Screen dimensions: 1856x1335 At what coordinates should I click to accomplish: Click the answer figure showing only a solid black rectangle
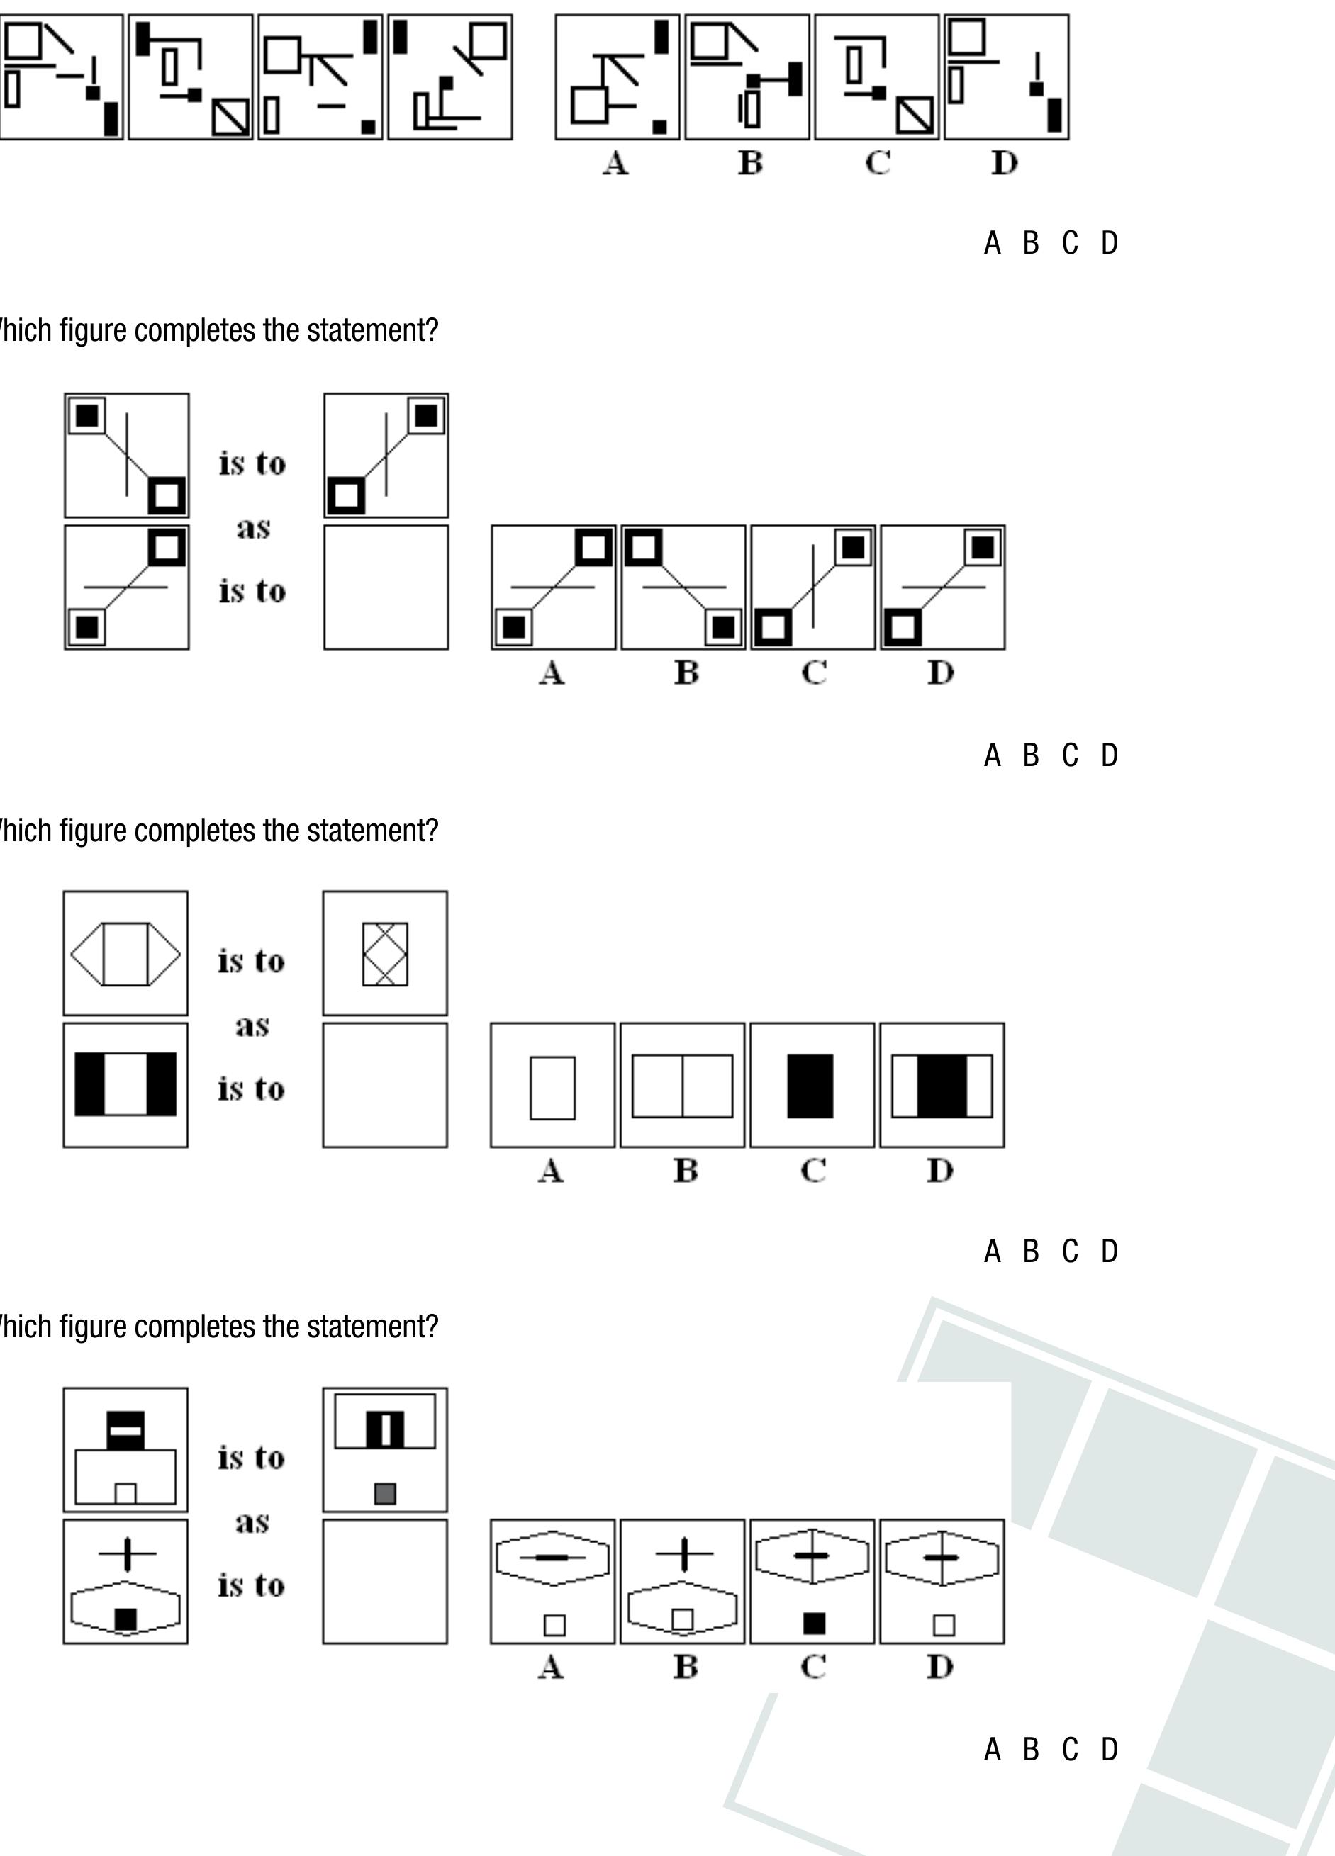pos(810,1086)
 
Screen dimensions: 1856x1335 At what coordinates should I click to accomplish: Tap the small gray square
pos(385,1493)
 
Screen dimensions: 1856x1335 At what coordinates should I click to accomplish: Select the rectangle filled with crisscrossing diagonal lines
pos(385,954)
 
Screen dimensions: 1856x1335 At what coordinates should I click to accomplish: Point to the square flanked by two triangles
pos(125,954)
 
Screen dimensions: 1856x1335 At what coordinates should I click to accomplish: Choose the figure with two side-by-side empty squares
pos(682,1086)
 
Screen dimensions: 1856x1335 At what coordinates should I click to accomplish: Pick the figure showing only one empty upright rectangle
pos(552,1088)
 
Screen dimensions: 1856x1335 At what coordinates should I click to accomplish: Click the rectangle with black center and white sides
pos(942,1086)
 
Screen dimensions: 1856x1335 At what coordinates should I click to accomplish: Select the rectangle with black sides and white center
pos(125,1084)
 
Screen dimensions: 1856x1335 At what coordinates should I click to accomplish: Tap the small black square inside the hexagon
pos(125,1619)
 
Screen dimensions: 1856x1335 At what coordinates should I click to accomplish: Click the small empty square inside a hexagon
pos(682,1619)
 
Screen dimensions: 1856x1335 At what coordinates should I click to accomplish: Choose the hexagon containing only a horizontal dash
pos(553,1558)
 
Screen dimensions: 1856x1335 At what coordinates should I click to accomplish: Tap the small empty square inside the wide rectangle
pos(125,1493)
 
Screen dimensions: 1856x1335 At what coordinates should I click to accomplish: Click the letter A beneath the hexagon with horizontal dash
pos(551,1667)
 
